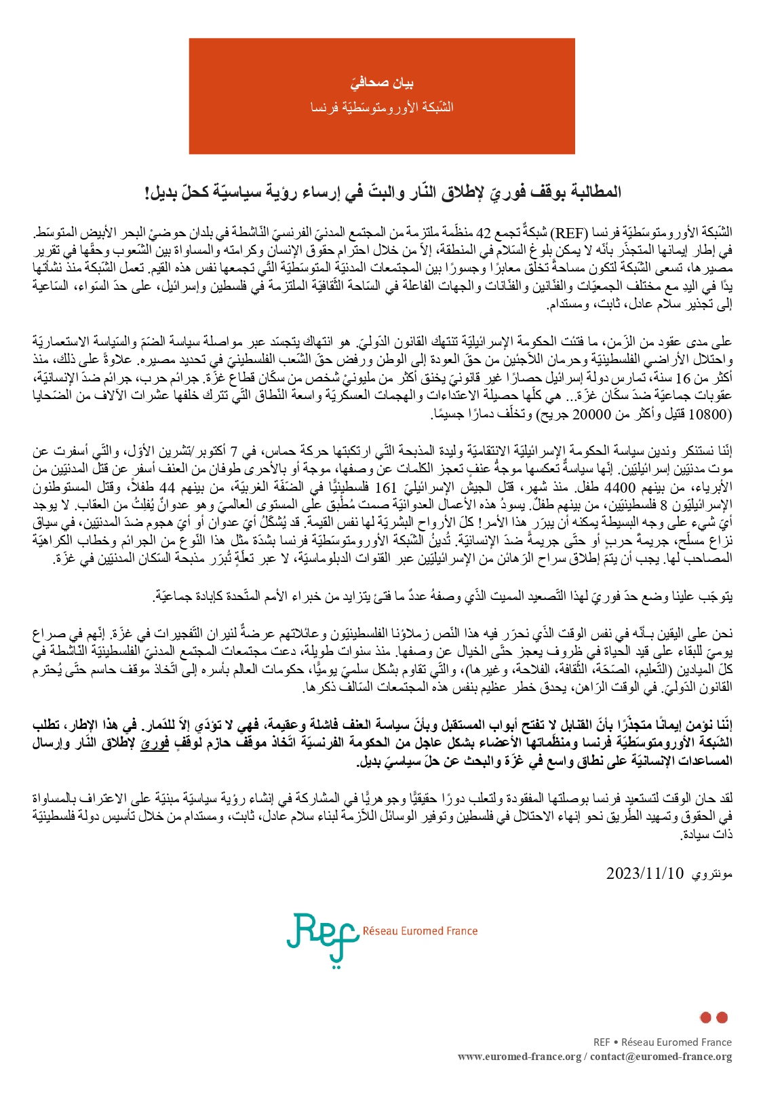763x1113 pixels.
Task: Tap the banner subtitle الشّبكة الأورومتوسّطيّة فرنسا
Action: click(x=382, y=107)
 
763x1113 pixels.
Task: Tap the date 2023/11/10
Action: click(x=644, y=873)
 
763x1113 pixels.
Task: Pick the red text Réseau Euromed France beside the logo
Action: click(x=420, y=930)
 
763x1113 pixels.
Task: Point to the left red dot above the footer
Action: click(x=705, y=1017)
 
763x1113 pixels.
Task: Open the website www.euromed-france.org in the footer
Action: click(x=520, y=1057)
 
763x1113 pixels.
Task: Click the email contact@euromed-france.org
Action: click(x=661, y=1057)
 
